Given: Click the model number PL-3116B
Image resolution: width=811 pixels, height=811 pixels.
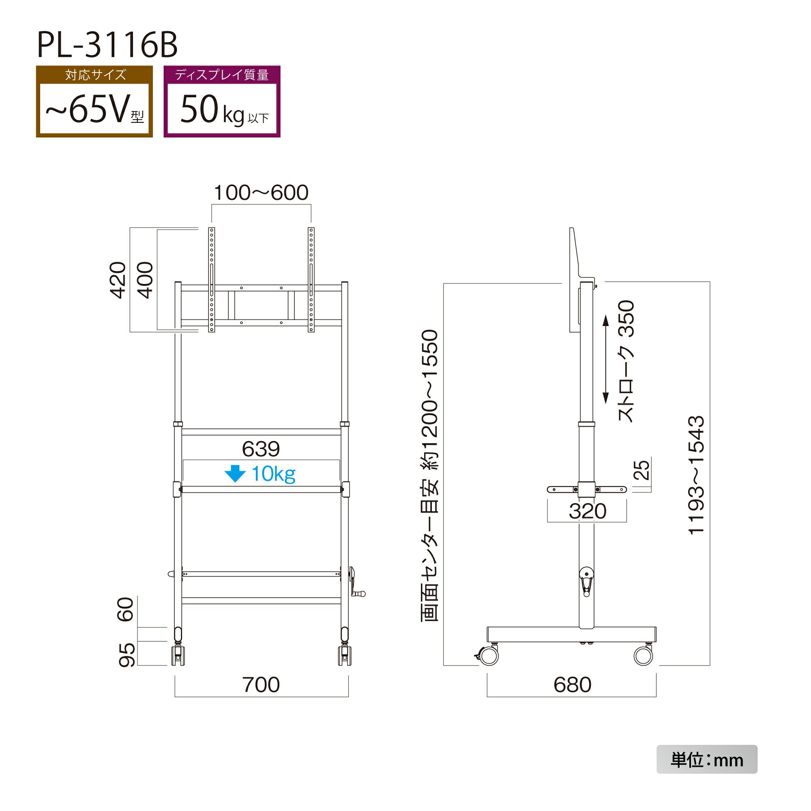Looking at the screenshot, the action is tap(107, 45).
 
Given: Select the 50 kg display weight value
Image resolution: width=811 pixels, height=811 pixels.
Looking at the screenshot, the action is tap(224, 110).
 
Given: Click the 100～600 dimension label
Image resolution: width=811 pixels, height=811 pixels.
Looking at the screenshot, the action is tap(261, 193).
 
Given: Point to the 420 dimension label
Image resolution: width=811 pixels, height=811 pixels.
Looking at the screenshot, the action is tap(118, 280).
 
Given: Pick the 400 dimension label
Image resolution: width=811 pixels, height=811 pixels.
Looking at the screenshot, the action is tap(145, 280).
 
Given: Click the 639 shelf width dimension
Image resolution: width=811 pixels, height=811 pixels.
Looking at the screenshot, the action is tap(261, 449).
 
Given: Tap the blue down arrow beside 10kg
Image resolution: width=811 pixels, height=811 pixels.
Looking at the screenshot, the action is tap(235, 474).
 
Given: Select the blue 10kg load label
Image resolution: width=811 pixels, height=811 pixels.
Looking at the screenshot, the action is tap(273, 474).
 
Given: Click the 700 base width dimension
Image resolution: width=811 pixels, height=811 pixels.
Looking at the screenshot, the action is tap(261, 684).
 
